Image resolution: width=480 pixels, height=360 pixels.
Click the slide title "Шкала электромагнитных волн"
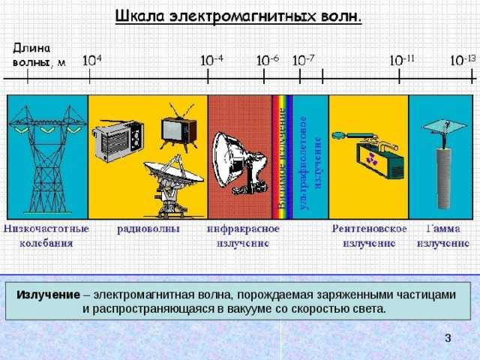[x=238, y=16]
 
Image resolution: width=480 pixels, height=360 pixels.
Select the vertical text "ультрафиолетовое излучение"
[x=310, y=159]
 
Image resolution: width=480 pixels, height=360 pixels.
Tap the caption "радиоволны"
[x=148, y=229]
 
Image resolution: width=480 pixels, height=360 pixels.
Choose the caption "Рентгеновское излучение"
[x=370, y=235]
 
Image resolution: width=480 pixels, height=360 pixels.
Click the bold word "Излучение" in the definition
[x=48, y=295]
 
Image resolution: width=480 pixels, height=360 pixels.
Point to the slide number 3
[x=447, y=339]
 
